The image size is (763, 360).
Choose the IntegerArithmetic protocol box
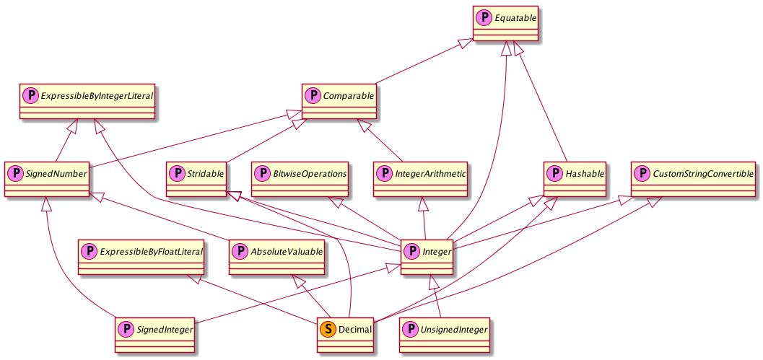click(421, 180)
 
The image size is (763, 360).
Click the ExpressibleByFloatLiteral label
click(151, 252)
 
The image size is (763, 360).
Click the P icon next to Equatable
click(484, 16)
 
